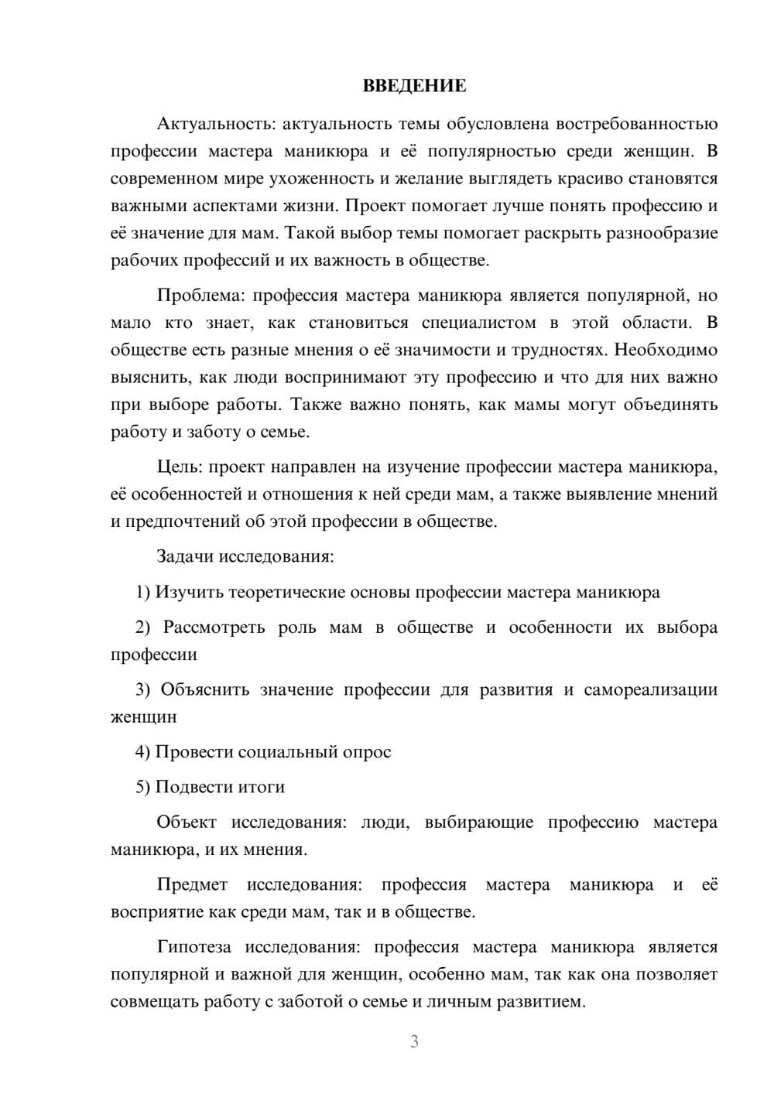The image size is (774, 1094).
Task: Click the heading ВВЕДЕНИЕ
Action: (414, 86)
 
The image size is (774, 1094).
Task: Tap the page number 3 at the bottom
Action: (414, 1041)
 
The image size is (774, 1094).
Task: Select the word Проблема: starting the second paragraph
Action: (201, 296)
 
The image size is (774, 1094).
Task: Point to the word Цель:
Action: (180, 467)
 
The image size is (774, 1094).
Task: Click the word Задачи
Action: (186, 556)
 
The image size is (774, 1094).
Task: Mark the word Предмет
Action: (192, 884)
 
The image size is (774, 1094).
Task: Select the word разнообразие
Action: (650, 233)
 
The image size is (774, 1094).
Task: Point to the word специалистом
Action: (478, 323)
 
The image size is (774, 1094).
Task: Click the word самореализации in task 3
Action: (650, 689)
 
